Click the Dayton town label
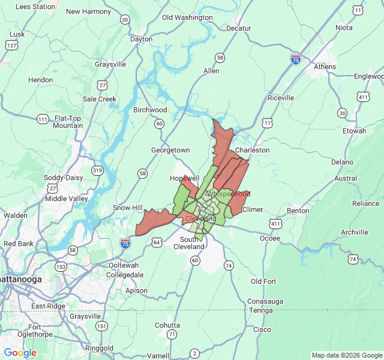(142, 39)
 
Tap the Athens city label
(326, 67)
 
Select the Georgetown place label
(170, 150)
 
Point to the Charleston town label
(252, 150)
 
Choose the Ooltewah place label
(124, 265)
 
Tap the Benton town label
(298, 211)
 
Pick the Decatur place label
(238, 28)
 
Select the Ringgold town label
(99, 348)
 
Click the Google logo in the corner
(20, 353)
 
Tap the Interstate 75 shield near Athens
(295, 59)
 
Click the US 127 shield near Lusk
(11, 45)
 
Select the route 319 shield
(97, 171)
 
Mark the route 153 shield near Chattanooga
(61, 266)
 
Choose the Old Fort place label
(263, 281)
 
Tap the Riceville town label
(281, 97)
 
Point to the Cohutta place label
(167, 325)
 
